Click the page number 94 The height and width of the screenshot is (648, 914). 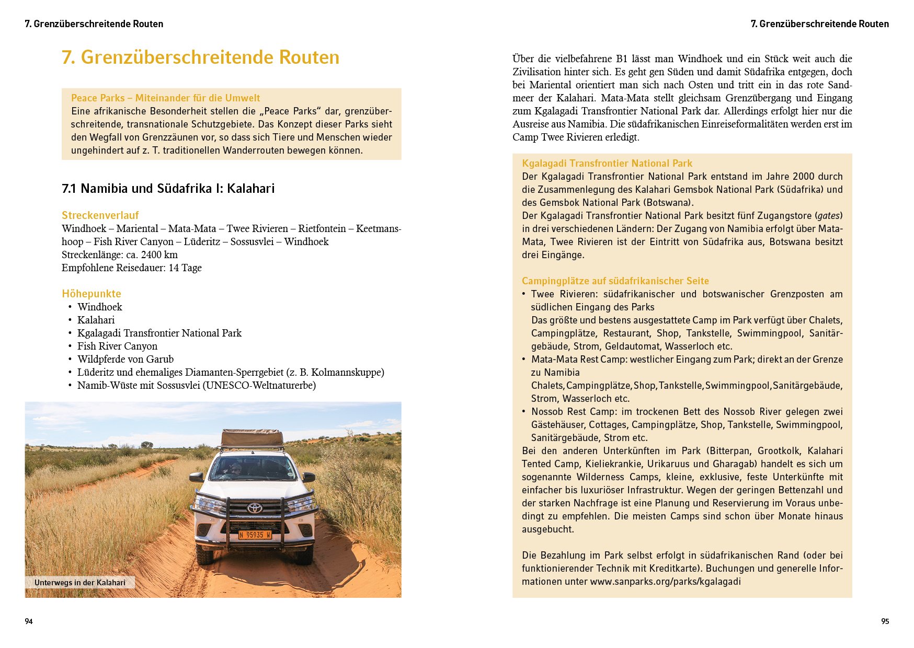(29, 621)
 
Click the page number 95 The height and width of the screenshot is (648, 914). (885, 621)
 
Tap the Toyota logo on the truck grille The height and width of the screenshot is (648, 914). (255, 507)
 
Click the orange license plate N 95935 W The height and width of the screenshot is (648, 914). (255, 535)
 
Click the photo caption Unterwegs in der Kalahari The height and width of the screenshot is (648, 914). (80, 583)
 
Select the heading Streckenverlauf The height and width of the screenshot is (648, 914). (100, 215)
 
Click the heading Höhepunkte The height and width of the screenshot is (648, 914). (92, 294)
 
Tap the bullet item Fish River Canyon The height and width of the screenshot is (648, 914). (117, 346)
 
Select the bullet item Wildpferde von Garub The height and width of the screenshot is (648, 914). (125, 359)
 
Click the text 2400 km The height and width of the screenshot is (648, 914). (159, 254)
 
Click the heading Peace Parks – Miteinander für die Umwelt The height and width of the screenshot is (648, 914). (165, 98)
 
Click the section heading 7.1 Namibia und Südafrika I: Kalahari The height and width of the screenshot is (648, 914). (168, 188)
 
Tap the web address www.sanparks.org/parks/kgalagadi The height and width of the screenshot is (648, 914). (665, 581)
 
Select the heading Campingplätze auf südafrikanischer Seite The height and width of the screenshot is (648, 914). (615, 281)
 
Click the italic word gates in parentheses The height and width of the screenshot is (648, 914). (828, 215)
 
